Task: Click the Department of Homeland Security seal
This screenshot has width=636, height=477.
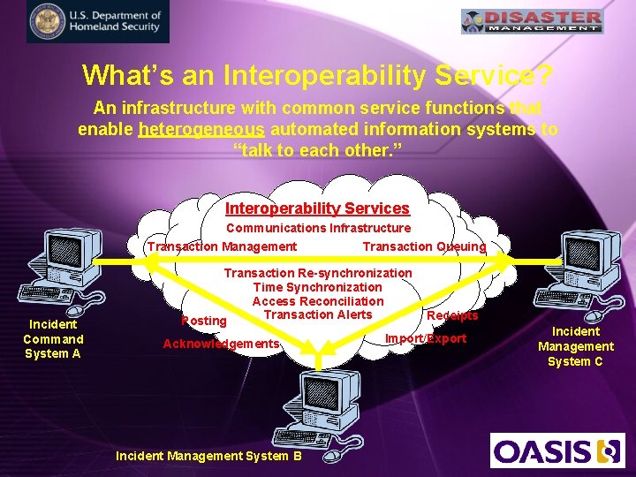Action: coord(46,22)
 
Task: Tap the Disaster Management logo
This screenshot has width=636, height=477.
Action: coord(533,21)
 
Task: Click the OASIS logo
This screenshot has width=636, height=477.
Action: coord(557,450)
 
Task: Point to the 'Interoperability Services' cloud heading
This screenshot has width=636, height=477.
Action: coord(317,208)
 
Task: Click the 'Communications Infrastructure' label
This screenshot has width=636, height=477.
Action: coord(318,228)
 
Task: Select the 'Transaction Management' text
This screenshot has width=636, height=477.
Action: coord(222,246)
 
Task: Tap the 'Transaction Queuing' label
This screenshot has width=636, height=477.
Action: coord(424,246)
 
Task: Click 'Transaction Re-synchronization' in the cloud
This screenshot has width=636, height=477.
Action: coord(317,273)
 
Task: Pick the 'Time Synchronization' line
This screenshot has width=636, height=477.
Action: coord(317,287)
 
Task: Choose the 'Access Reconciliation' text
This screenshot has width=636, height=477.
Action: coord(317,301)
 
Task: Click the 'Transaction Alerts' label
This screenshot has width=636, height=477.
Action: coord(317,314)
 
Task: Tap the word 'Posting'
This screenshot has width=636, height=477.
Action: coord(204,320)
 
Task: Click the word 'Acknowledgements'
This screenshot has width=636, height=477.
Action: coord(222,343)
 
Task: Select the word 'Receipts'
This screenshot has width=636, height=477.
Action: coord(452,315)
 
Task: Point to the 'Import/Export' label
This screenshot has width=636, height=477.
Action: coord(426,338)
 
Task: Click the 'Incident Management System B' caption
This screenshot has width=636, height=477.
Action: coord(208,456)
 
